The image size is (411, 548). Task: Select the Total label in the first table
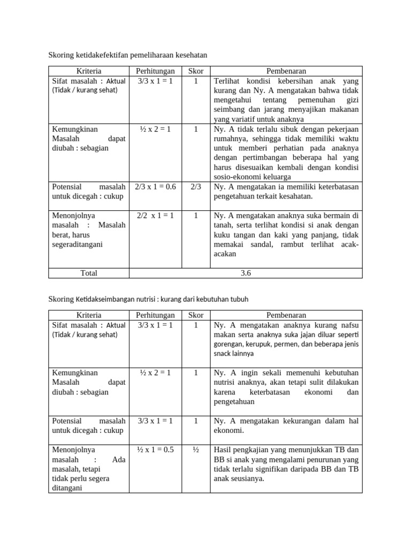89,273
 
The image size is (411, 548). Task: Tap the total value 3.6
246,273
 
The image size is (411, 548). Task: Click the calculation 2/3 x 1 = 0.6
155,187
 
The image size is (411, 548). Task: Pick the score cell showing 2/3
196,187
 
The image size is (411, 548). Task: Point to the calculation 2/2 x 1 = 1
155,216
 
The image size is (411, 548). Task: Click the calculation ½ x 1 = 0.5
155,450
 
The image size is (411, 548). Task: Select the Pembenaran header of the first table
286,71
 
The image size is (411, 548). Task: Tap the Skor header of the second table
196,315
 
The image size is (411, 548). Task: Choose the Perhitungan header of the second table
155,315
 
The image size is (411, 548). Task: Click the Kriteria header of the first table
89,71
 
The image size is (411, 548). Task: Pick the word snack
223,354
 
